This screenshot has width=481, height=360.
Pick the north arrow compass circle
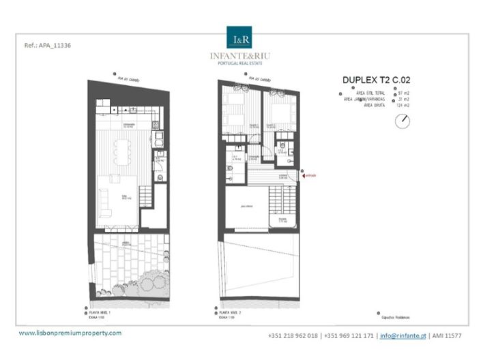click(x=403, y=121)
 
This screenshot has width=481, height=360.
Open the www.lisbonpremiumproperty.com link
click(x=70, y=333)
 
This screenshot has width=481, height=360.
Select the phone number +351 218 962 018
click(x=294, y=335)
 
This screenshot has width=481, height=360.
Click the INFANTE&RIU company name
click(x=240, y=56)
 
